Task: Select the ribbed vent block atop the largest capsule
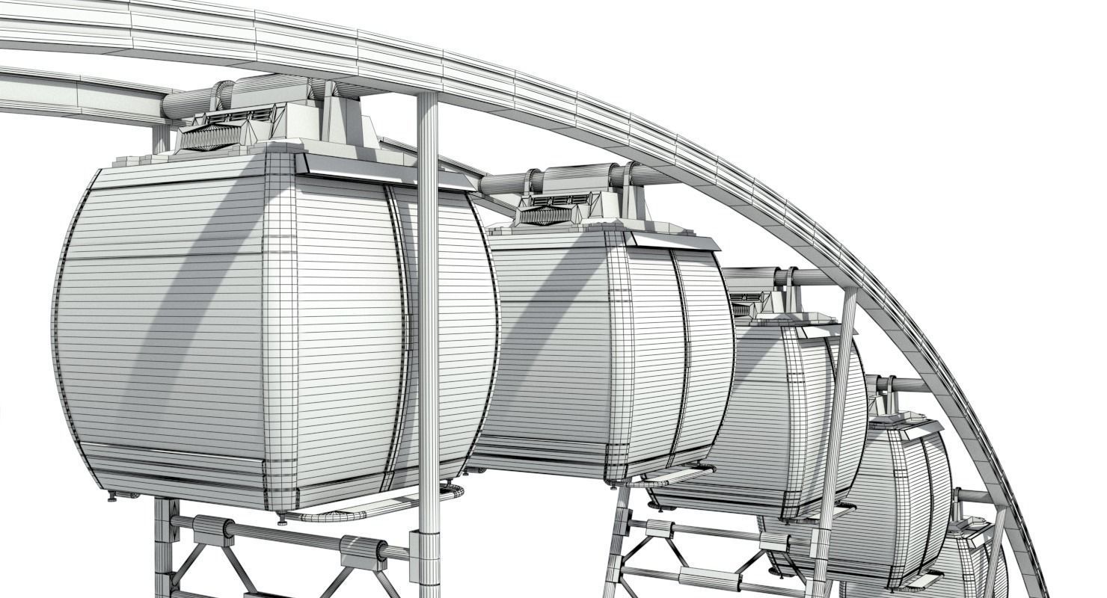[211, 138]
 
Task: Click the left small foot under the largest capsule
[112, 494]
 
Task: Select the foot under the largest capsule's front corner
[282, 517]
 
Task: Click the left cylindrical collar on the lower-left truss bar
[213, 530]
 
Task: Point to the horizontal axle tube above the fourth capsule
[905, 385]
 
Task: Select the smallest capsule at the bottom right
[972, 564]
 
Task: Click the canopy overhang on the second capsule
[673, 240]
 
